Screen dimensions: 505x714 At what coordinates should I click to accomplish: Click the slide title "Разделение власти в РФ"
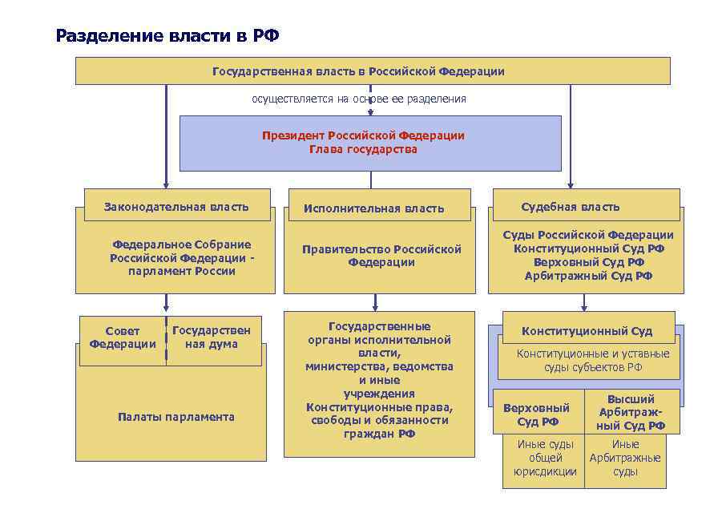pyautogui.click(x=168, y=36)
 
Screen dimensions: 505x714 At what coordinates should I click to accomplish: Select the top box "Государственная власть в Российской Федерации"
pyautogui.click(x=358, y=71)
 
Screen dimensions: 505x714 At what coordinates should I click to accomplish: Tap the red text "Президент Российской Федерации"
pyautogui.click(x=363, y=135)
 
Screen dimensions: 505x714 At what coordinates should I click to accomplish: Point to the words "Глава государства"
pyautogui.click(x=363, y=149)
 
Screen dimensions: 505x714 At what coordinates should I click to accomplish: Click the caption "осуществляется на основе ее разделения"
pyautogui.click(x=359, y=99)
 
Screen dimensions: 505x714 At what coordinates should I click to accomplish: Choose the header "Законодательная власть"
pyautogui.click(x=176, y=207)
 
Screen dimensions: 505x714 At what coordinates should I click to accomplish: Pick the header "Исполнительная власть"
pyautogui.click(x=373, y=208)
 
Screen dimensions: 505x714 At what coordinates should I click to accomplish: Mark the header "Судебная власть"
pyautogui.click(x=570, y=207)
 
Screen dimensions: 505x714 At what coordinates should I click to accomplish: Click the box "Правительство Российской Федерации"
pyautogui.click(x=381, y=256)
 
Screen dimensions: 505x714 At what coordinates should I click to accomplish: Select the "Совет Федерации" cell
pyautogui.click(x=123, y=337)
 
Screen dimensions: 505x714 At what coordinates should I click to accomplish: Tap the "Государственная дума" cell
pyautogui.click(x=212, y=337)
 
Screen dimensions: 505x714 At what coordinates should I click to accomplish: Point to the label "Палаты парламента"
pyautogui.click(x=175, y=417)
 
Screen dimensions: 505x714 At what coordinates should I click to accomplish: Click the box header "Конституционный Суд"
pyautogui.click(x=587, y=331)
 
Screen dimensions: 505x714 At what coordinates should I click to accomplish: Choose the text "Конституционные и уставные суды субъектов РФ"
pyautogui.click(x=592, y=361)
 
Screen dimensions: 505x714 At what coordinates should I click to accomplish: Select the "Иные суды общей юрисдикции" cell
pyautogui.click(x=545, y=458)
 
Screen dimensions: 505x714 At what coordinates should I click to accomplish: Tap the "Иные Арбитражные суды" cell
pyautogui.click(x=625, y=458)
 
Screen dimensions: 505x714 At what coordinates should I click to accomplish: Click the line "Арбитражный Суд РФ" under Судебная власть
pyautogui.click(x=588, y=276)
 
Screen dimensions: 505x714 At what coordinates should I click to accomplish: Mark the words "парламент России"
pyautogui.click(x=181, y=271)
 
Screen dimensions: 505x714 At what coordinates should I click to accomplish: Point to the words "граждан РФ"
pyautogui.click(x=379, y=434)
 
